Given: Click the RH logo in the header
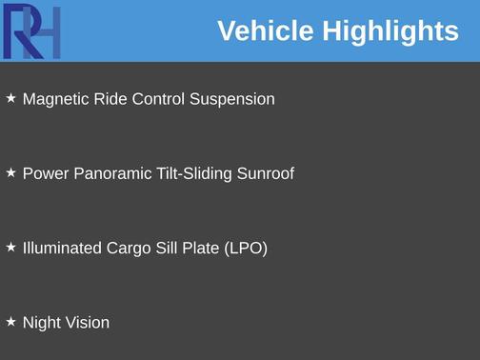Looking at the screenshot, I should pyautogui.click(x=31, y=31).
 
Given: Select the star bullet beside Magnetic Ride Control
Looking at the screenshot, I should pyautogui.click(x=11, y=98).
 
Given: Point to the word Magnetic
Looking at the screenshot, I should pyautogui.click(x=54, y=99).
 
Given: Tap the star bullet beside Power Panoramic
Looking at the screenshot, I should pyautogui.click(x=11, y=172).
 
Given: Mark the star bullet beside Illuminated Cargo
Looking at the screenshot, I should pyautogui.click(x=11, y=247).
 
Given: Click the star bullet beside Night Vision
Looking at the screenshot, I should pyautogui.click(x=11, y=321).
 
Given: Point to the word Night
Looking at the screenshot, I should pyautogui.click(x=41, y=323).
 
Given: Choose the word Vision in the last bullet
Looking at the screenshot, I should pyautogui.click(x=87, y=322).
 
